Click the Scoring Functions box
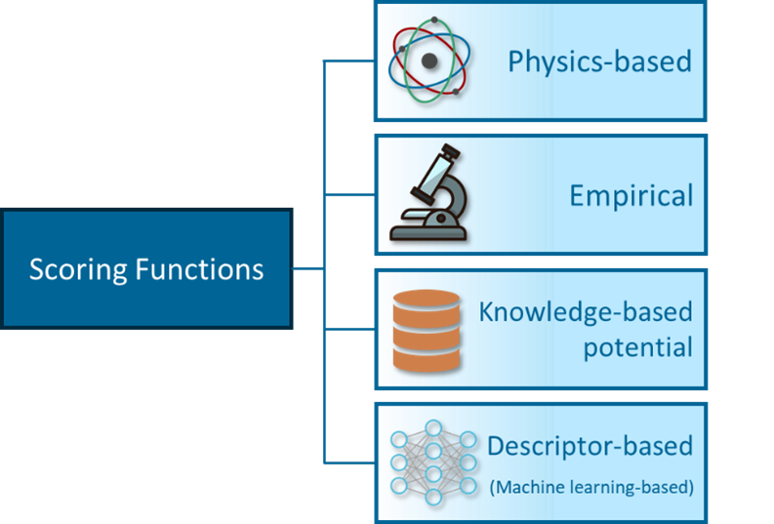coord(146,268)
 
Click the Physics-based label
coord(598,61)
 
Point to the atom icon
coord(430,61)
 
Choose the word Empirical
coord(631,195)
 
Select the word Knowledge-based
coord(585,312)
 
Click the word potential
coord(638,346)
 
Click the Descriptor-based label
coord(590,447)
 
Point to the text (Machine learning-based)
coord(591,485)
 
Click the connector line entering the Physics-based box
coord(349,60)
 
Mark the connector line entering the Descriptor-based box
coord(349,462)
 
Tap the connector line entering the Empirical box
coord(349,194)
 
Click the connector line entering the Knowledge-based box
coord(349,329)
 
